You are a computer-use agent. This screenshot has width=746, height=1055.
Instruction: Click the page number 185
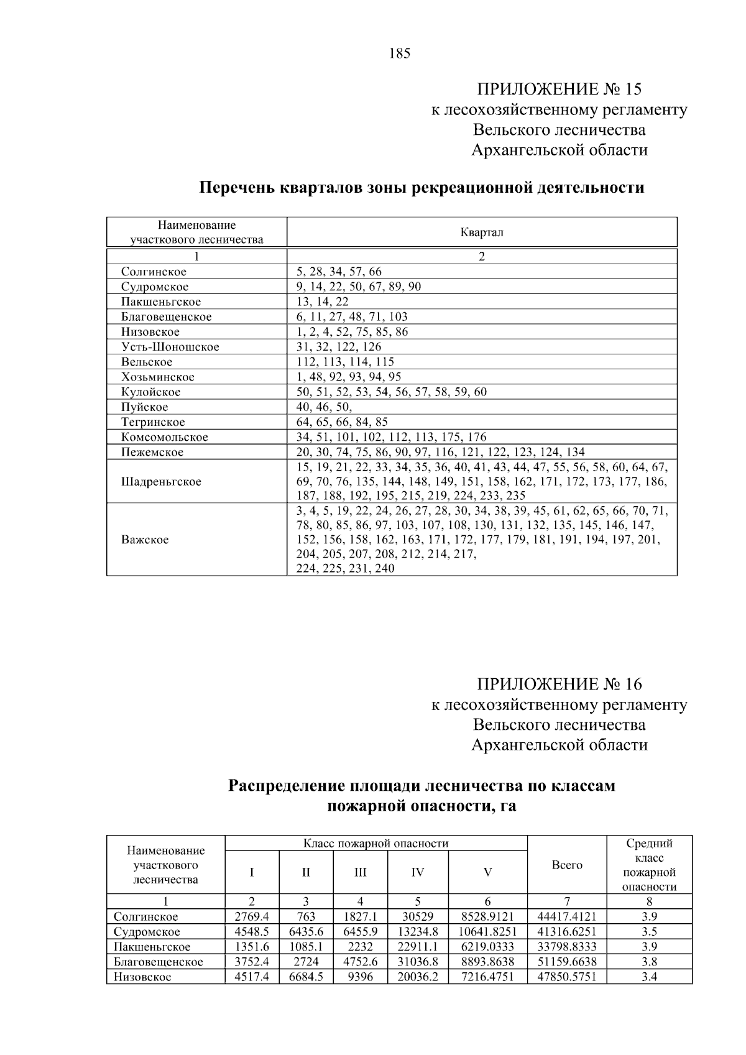(x=400, y=53)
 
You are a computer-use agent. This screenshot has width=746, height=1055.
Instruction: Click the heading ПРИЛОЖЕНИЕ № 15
(x=559, y=89)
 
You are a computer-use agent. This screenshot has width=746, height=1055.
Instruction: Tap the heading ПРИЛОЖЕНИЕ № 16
(x=559, y=684)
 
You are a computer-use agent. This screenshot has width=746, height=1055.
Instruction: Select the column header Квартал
(x=482, y=233)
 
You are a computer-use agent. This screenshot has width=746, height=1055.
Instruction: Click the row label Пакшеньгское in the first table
(x=161, y=302)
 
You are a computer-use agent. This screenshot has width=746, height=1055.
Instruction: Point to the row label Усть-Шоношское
(x=170, y=347)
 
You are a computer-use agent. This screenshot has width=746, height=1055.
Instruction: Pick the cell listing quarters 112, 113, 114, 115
(x=345, y=362)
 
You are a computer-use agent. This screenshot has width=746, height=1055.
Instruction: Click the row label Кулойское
(x=151, y=392)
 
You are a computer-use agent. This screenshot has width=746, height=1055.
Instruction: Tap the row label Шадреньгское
(x=161, y=482)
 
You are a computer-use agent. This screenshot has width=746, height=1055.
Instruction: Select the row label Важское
(x=145, y=540)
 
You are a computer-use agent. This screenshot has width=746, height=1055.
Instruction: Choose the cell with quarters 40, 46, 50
(x=324, y=407)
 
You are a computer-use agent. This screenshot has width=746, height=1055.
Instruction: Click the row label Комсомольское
(x=165, y=437)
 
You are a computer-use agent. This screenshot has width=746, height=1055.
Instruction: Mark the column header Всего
(x=567, y=865)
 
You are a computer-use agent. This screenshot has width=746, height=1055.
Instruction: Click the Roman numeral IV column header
(x=418, y=872)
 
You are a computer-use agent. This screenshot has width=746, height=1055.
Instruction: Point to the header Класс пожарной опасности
(x=375, y=844)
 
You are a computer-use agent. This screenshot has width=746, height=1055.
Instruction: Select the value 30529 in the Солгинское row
(x=418, y=917)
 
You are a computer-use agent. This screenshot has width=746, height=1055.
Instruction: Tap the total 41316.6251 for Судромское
(x=567, y=932)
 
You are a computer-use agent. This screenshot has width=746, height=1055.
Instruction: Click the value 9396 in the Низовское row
(x=360, y=977)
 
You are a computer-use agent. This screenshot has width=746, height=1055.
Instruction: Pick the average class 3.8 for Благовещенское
(x=649, y=962)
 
